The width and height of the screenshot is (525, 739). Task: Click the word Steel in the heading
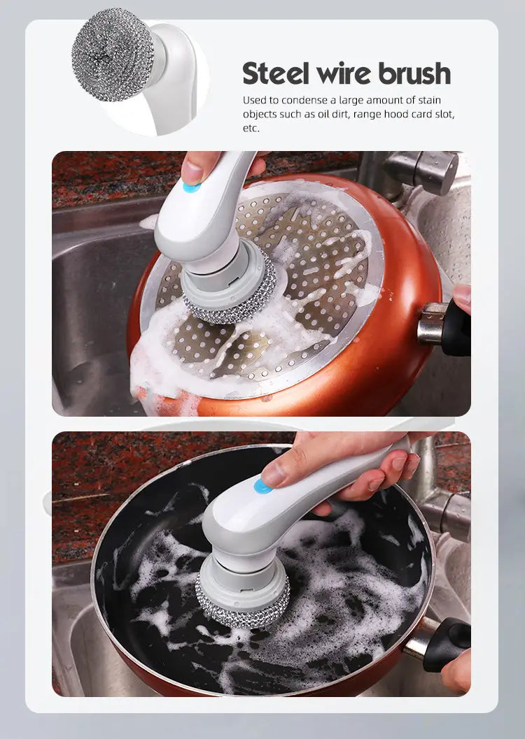(277, 73)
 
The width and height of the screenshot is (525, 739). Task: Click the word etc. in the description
(251, 129)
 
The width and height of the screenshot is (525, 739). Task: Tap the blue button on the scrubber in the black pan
(263, 486)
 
